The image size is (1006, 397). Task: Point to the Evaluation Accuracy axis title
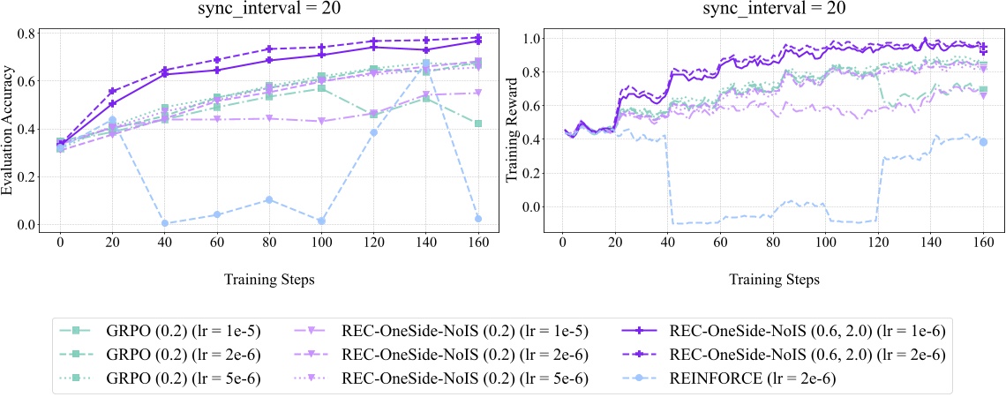(11, 131)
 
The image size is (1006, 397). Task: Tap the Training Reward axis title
(511, 131)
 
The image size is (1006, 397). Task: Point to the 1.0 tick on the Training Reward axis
(531, 39)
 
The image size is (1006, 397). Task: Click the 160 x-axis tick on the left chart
(477, 242)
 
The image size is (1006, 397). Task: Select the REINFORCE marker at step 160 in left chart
(477, 218)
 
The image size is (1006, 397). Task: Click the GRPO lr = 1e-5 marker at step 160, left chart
(477, 124)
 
